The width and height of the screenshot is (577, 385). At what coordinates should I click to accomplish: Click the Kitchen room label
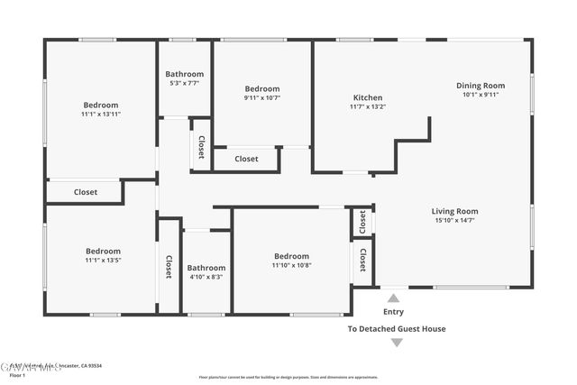point(367,97)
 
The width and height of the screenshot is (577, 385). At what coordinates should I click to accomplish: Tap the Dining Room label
point(480,85)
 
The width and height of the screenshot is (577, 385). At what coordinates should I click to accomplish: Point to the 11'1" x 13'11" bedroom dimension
point(101,115)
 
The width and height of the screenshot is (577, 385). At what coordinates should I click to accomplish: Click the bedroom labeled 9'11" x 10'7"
point(261,88)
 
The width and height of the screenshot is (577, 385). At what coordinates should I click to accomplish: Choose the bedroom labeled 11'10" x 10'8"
point(291,256)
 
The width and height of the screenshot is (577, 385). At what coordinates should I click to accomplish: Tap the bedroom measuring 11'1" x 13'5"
point(103,252)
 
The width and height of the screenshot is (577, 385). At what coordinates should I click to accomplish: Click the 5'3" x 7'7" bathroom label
point(184,74)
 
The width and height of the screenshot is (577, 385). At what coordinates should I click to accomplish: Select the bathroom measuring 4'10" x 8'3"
point(206,268)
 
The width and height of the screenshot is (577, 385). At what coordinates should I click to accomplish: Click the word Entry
point(394,311)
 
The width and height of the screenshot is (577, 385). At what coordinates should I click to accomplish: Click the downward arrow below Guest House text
point(397,343)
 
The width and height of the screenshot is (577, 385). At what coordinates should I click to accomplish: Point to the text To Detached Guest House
point(397,329)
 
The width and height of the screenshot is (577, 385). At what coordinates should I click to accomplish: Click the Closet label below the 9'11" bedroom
point(246,159)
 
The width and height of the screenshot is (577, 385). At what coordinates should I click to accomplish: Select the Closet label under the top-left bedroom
point(86,192)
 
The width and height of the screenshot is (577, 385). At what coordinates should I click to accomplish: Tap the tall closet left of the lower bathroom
point(169,266)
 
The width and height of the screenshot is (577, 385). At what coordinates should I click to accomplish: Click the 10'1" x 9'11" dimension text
point(481,95)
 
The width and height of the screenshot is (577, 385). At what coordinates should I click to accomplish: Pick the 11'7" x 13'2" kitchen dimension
point(368,106)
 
